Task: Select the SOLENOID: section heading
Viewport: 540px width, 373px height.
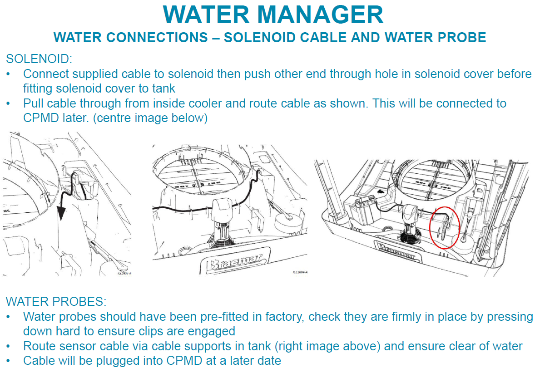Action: point(39,59)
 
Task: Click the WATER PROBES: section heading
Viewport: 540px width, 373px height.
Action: point(56,301)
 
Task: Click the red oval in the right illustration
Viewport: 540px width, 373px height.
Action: point(445,227)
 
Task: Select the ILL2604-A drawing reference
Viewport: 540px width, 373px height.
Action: point(300,272)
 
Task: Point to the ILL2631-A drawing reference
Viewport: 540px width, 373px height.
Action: point(124,273)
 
